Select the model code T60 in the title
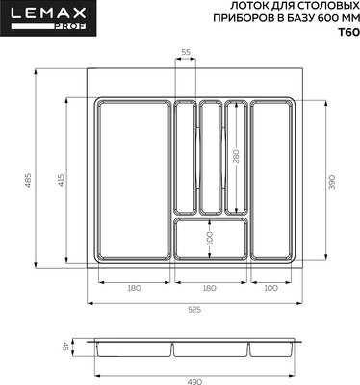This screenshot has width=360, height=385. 345,32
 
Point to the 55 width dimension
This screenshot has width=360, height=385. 185,51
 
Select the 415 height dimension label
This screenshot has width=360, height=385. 60,180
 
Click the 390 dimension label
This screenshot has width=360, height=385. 331,180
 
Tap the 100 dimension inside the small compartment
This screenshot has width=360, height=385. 210,237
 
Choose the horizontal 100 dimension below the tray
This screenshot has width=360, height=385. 270,288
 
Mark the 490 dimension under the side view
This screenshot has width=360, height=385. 195,379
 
